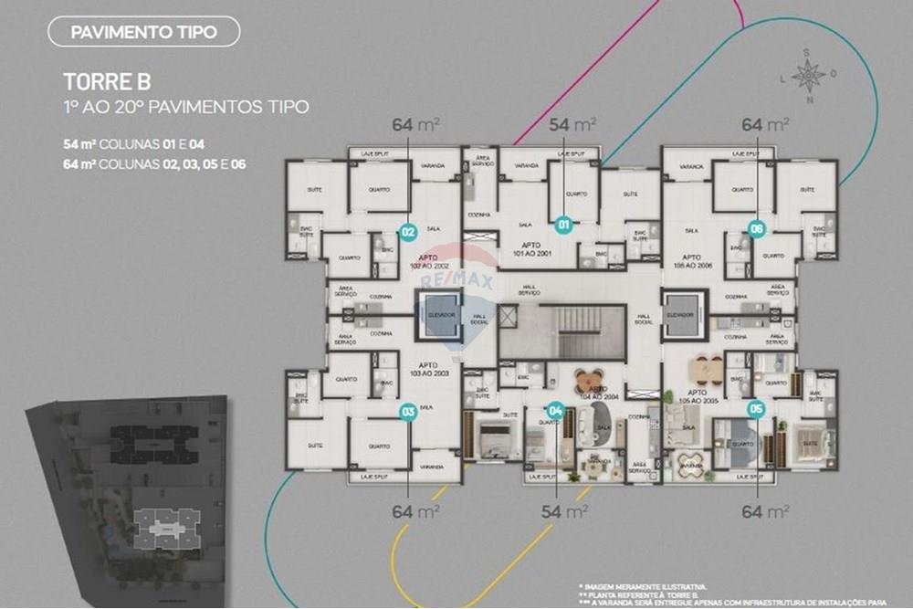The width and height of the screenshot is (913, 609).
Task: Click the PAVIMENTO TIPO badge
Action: (143, 33)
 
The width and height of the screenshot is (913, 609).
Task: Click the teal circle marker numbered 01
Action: (563, 224)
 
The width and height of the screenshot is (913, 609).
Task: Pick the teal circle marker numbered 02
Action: (408, 232)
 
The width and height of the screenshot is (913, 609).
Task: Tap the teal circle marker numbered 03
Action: (408, 412)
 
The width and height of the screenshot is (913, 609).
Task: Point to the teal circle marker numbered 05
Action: (754, 409)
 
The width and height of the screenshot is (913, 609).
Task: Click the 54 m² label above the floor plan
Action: (572, 124)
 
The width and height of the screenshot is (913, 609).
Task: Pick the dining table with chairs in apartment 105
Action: (704, 368)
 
